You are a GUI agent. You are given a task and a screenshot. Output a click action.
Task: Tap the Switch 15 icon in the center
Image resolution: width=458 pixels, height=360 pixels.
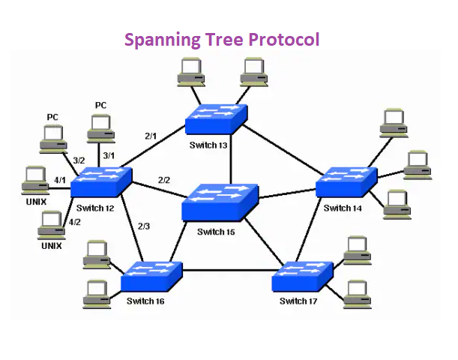coord(220,201)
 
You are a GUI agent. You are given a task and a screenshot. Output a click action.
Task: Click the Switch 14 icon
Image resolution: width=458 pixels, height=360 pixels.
coord(346,182)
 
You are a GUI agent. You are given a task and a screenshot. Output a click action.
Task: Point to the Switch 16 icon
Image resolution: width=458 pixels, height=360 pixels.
coord(153,277)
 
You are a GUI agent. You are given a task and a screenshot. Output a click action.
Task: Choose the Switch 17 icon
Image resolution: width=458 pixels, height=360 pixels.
coord(302,277)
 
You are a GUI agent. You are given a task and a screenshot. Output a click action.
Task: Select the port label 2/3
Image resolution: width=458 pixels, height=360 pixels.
coord(145,226)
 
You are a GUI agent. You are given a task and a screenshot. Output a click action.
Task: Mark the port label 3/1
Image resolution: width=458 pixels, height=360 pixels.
coord(109,155)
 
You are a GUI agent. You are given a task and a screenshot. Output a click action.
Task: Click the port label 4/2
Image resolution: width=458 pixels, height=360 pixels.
coord(74,222)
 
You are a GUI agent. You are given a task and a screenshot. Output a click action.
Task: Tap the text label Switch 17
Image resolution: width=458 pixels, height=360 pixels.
coord(298,301)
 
